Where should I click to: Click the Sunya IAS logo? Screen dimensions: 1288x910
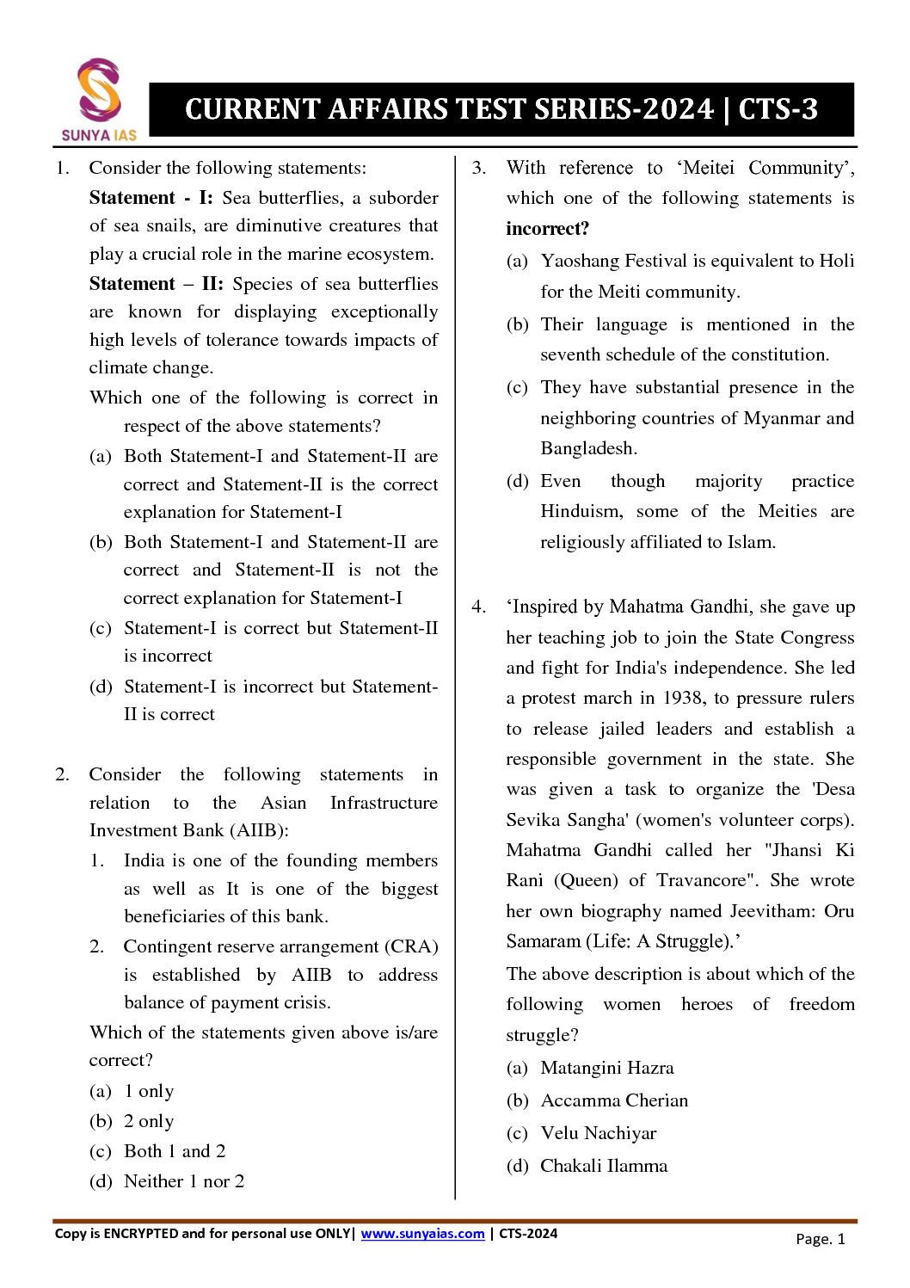coord(99,99)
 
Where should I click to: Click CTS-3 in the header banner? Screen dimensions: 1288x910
coord(778,109)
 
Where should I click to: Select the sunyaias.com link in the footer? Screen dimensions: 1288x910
coord(422,1233)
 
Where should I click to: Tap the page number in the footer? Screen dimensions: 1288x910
coord(821,1239)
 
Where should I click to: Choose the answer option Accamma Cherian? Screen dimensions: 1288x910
coord(614,1100)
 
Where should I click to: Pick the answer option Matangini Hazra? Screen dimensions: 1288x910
coord(606,1068)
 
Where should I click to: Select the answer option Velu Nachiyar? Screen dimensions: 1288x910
coord(598,1133)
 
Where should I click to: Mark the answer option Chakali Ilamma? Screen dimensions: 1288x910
coord(603,1166)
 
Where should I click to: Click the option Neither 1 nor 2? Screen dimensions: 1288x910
coord(183,1181)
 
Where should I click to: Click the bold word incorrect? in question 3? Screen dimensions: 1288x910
coord(548,229)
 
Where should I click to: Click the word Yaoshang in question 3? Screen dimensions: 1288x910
coord(580,261)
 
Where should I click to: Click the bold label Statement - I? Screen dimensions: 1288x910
coord(151,198)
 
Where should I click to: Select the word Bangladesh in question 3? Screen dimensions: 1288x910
coord(587,448)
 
